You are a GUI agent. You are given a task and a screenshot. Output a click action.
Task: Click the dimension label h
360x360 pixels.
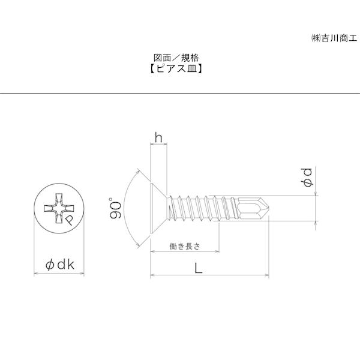point(158,138)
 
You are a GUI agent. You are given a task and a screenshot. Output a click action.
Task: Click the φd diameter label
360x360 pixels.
point(306,179)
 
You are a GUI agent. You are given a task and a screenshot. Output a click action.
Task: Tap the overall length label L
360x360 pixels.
point(198,268)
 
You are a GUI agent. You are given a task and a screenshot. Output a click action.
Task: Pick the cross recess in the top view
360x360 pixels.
point(58,209)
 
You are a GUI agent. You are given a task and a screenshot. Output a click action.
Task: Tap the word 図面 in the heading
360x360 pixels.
point(163,58)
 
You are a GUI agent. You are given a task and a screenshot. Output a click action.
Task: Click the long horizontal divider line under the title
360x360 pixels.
point(180,94)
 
